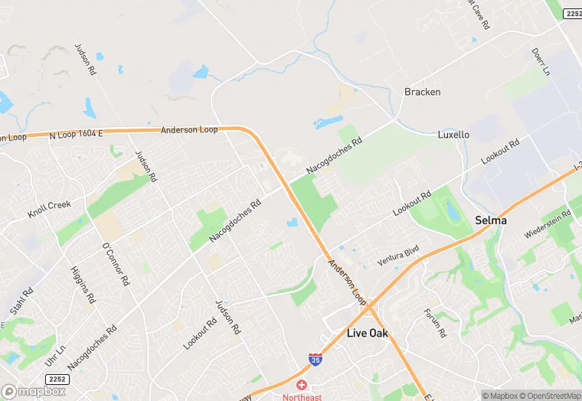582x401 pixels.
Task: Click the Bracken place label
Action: [422, 92]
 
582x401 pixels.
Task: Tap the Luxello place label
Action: [453, 135]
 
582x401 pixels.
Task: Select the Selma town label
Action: [490, 220]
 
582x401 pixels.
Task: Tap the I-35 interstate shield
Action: [315, 358]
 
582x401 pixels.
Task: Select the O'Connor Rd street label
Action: [115, 263]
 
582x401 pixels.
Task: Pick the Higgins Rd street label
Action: [82, 285]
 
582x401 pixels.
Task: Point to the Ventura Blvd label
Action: [397, 257]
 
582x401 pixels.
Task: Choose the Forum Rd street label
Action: [434, 323]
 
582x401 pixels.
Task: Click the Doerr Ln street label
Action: [541, 62]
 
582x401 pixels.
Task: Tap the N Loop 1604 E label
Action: [76, 133]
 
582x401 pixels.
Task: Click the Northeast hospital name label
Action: [302, 396]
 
